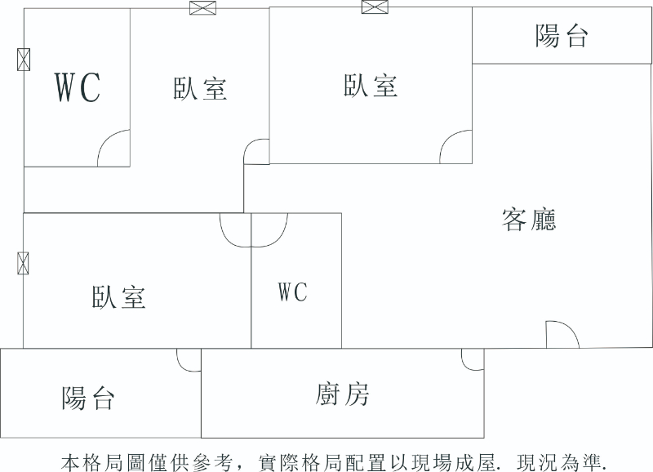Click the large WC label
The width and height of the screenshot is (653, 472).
coord(78,87)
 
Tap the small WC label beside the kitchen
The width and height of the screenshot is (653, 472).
coord(292,292)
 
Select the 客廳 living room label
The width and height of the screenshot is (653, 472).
coord(530,220)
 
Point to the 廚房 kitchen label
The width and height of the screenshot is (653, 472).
coord(343,394)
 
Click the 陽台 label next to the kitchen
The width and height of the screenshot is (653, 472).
coord(88,398)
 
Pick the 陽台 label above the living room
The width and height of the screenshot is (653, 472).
coord(562,36)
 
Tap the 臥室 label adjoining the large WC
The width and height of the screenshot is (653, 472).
coord(200,88)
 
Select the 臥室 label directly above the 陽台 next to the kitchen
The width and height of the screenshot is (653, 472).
coord(119,296)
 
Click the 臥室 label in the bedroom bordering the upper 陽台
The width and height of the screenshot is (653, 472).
coord(371,85)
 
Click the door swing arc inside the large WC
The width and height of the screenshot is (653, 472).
coord(114,149)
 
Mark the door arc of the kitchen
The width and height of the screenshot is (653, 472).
coord(471,359)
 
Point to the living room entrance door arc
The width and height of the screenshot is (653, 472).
coord(562,333)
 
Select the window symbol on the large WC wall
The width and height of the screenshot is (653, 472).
coord(24,59)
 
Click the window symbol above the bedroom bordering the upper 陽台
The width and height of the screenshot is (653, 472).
coord(373,7)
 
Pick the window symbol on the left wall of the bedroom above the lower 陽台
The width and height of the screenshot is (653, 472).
coord(24,263)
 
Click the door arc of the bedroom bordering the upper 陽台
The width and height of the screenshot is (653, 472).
coord(455,147)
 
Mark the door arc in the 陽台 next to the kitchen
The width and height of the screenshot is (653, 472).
coord(189,360)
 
